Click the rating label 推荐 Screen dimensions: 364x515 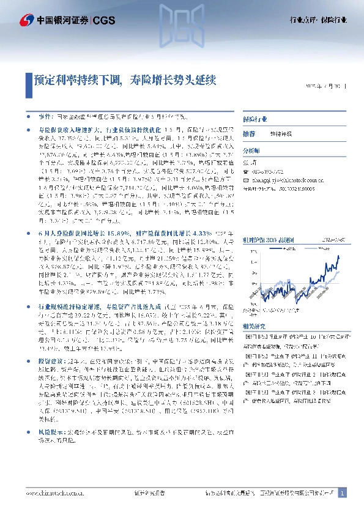(249, 133)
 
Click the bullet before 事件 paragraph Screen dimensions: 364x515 (29, 116)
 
